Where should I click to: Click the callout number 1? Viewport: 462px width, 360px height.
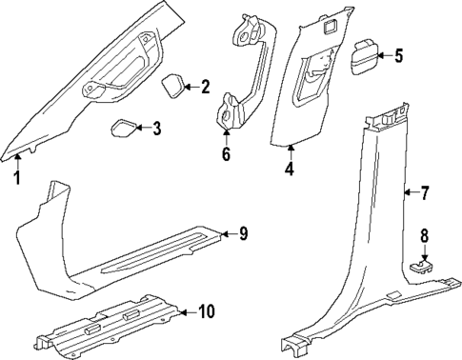(x=16, y=178)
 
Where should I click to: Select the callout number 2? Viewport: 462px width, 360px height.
(x=205, y=88)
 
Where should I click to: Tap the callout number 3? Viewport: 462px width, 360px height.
(x=156, y=128)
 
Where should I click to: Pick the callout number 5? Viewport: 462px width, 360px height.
(x=398, y=56)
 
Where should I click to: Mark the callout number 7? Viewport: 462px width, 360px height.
(x=425, y=193)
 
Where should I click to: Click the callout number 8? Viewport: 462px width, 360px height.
(x=425, y=235)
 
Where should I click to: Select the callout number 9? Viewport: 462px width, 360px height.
(x=243, y=233)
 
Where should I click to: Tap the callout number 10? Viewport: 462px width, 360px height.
(x=206, y=311)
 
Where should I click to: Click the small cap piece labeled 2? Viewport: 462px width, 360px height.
(x=173, y=87)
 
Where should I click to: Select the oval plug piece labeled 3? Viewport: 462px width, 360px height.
(x=124, y=129)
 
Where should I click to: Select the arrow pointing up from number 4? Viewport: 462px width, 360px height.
(x=290, y=153)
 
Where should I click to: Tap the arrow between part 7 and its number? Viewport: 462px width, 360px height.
(x=410, y=193)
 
